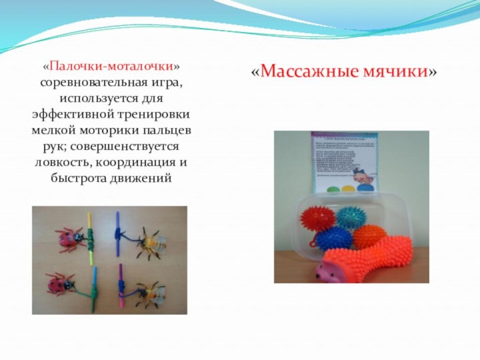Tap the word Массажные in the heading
point(300,71)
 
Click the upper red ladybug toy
point(68,236)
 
